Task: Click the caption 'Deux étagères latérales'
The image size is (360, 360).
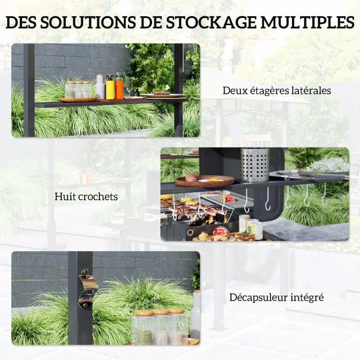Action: coord(277,90)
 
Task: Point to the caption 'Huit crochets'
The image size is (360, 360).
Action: coord(86,197)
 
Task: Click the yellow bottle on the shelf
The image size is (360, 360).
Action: coord(110,87)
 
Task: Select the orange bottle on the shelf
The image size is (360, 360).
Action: coord(119,86)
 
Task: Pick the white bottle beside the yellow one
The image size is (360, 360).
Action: coord(100,87)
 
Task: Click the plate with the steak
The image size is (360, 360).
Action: coord(162,95)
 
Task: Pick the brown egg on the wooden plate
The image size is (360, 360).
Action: coord(191,177)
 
